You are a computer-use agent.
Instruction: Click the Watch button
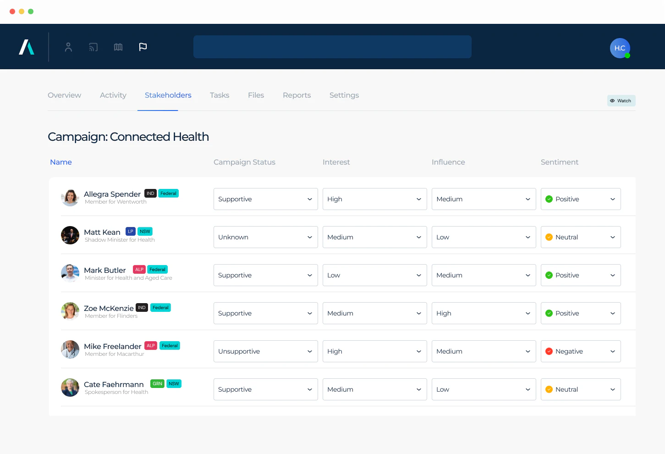(x=621, y=100)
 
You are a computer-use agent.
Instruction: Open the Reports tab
(x=297, y=95)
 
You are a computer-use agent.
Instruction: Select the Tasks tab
(x=219, y=95)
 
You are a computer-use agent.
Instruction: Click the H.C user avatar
(x=620, y=48)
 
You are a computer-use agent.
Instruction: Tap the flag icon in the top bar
(x=143, y=47)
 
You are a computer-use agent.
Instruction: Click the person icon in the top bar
(x=68, y=47)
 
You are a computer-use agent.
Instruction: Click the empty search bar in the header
(x=332, y=47)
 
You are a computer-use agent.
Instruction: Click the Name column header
(x=61, y=162)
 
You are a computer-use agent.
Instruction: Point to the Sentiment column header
(x=559, y=162)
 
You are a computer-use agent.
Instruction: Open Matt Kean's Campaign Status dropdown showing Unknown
(x=265, y=237)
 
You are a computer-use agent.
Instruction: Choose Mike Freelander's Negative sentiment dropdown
(x=580, y=351)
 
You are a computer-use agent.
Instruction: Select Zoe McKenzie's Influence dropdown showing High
(x=484, y=313)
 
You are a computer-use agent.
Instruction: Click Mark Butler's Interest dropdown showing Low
(x=374, y=275)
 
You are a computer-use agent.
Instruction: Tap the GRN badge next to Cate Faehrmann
(x=157, y=384)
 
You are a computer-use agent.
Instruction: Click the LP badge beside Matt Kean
(x=131, y=232)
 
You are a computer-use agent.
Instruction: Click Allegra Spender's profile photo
(x=70, y=198)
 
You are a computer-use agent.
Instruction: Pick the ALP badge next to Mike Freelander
(x=151, y=346)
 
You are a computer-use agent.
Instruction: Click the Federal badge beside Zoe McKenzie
(x=160, y=308)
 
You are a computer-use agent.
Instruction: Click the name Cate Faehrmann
(x=114, y=384)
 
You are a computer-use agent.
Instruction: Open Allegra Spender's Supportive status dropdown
(x=265, y=199)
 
